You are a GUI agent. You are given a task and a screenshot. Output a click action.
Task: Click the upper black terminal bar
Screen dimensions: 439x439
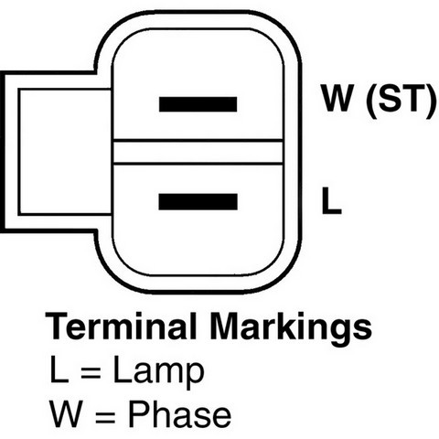(x=198, y=104)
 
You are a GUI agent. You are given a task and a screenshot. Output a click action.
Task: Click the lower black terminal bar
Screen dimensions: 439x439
(x=198, y=201)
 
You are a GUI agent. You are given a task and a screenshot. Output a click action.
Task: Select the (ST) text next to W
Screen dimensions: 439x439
(x=401, y=100)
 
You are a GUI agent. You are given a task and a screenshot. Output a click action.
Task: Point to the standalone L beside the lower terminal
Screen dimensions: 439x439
(x=331, y=200)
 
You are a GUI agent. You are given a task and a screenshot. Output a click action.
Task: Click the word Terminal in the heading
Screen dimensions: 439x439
(x=121, y=326)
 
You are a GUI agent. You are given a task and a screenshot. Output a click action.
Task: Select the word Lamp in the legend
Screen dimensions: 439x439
(x=158, y=372)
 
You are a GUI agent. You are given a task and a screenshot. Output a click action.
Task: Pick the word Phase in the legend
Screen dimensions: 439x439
(x=179, y=413)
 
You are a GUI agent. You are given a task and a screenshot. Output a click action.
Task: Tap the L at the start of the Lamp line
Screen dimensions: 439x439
(x=59, y=369)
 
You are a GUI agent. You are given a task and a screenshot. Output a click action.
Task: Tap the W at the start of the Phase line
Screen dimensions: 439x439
(x=66, y=413)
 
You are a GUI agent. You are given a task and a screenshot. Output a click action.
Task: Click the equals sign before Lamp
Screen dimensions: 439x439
(x=91, y=373)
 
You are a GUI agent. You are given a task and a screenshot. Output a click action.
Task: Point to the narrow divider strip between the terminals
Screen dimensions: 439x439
(x=198, y=152)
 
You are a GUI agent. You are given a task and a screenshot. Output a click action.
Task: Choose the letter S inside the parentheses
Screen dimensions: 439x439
(x=390, y=98)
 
